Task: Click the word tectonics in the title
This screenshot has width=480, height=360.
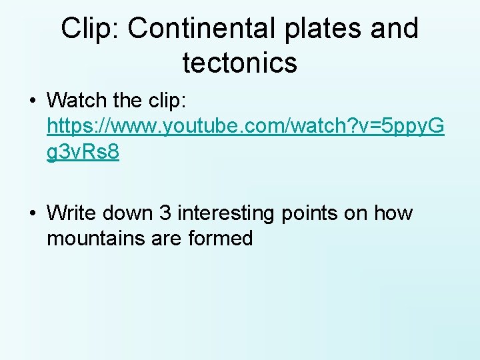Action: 239,63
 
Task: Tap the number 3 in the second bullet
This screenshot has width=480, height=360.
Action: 165,213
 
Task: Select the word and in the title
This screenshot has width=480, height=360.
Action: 395,29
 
